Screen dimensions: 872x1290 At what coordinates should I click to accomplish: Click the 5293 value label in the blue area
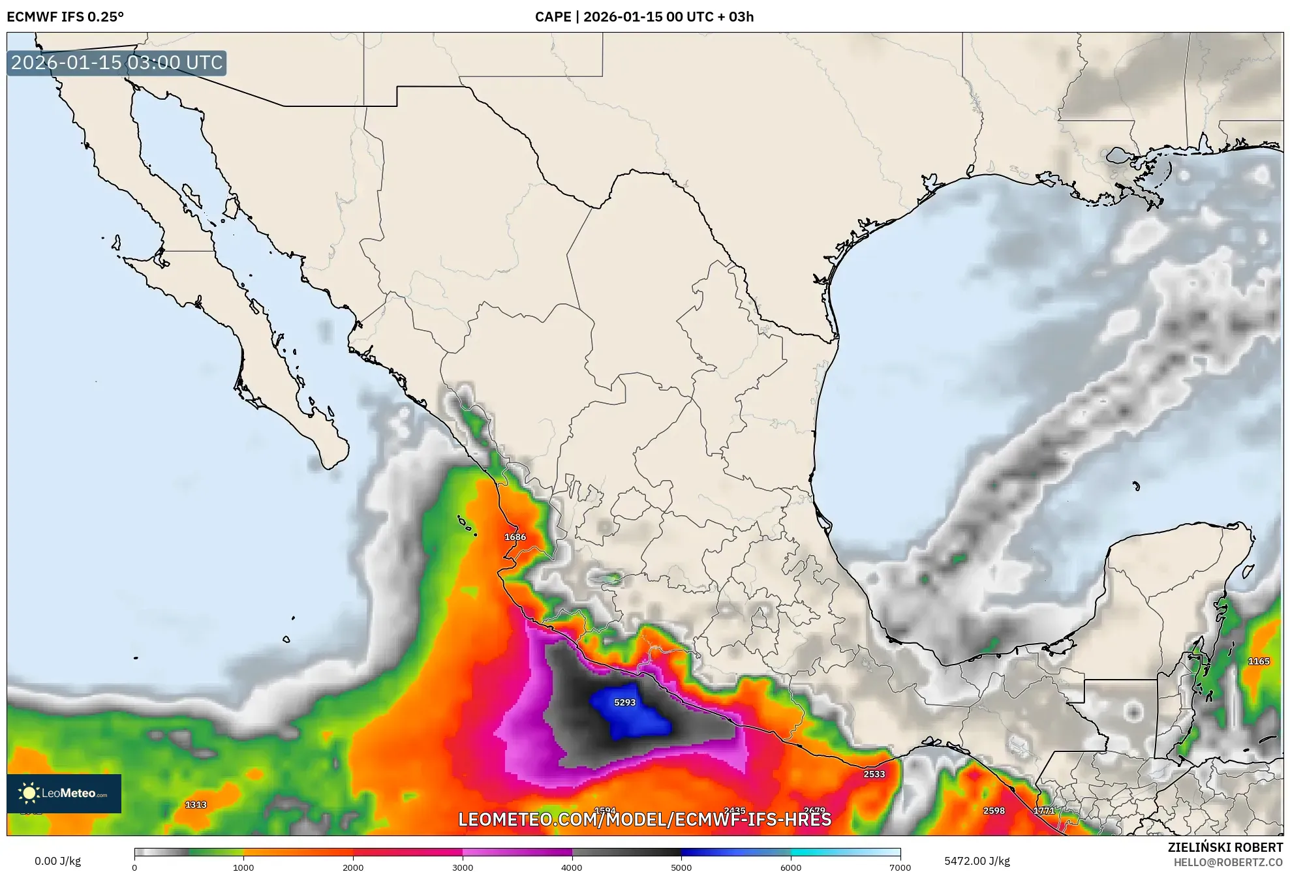coord(624,702)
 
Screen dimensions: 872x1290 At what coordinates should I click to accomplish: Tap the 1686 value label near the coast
coord(515,537)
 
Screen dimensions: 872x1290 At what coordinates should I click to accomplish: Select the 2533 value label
coord(874,774)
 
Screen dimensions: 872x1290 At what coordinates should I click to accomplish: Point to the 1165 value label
coord(1258,661)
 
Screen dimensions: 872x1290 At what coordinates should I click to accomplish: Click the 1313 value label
coord(196,805)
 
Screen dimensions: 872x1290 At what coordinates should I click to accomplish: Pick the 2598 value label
coord(994,811)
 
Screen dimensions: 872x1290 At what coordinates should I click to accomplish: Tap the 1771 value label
coord(1044,811)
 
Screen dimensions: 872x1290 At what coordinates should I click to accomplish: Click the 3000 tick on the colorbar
coord(463,867)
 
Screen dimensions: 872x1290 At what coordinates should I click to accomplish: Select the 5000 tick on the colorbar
coord(681,867)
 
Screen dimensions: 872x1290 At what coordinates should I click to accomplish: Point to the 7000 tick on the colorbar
coord(900,867)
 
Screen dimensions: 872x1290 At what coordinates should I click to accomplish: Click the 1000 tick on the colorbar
coord(243,867)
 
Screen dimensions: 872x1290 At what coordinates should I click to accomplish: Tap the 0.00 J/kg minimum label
coord(57,861)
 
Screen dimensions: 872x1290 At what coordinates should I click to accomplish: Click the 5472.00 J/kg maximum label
coord(977,861)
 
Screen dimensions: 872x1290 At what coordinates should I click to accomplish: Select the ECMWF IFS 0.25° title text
coord(65,17)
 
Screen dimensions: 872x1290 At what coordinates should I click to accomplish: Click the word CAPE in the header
coord(553,17)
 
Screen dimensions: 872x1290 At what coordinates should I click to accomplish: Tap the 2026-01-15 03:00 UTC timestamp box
coord(117,63)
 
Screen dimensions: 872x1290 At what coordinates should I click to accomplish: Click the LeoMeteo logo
coord(64,793)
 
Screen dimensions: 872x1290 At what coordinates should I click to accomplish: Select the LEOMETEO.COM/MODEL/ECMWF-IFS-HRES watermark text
coord(645,819)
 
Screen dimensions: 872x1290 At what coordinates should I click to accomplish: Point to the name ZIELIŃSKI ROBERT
coord(1225,847)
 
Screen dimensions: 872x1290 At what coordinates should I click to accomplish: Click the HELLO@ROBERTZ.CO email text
coord(1228,862)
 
